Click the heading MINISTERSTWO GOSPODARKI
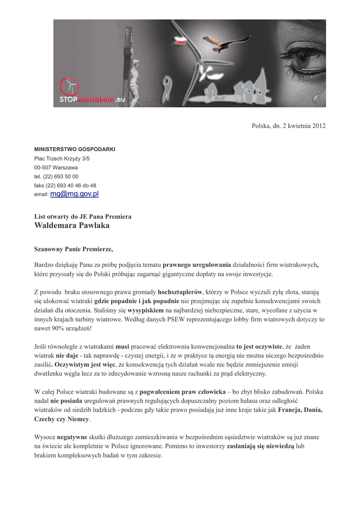[75, 149]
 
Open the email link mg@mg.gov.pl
[75, 194]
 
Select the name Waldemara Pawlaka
[72, 225]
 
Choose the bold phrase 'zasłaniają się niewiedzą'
[261, 446]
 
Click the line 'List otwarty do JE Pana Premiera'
[83, 217]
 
